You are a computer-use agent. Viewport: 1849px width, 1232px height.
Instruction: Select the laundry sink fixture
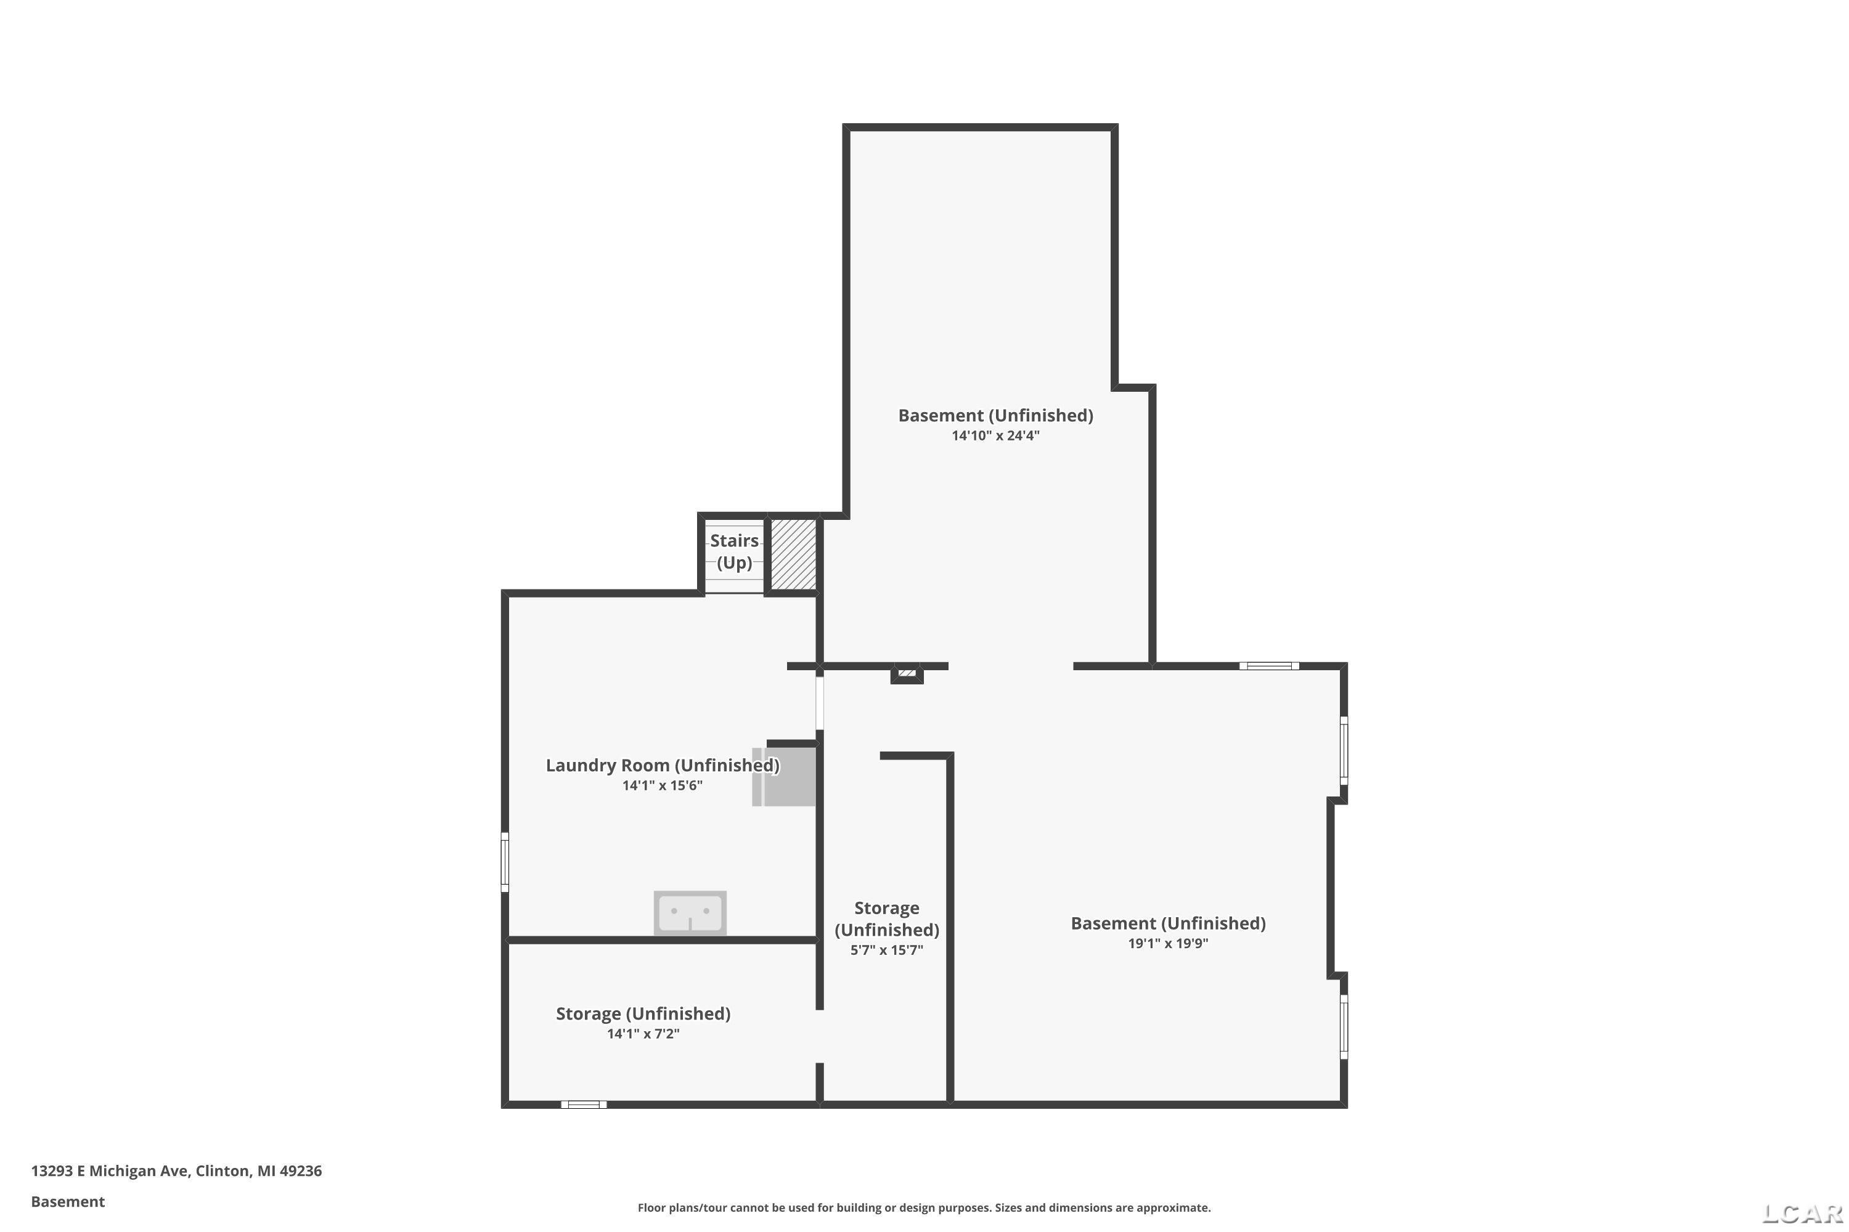(690, 913)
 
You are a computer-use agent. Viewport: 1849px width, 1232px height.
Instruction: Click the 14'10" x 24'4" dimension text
(995, 436)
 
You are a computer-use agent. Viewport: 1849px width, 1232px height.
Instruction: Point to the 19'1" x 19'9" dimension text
(1167, 944)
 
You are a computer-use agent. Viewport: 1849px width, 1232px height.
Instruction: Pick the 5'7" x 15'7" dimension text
(886, 950)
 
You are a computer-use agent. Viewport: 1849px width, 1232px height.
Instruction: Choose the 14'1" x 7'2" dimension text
(642, 1034)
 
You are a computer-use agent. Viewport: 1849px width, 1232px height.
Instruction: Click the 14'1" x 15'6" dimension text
(662, 786)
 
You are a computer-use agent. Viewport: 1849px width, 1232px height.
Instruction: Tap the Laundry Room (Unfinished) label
(662, 765)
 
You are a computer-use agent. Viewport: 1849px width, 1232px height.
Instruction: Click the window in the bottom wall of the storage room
(583, 1104)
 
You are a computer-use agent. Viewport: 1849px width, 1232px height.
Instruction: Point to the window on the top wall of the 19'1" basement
(1269, 667)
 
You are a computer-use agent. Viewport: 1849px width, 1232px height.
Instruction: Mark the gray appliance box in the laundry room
(784, 776)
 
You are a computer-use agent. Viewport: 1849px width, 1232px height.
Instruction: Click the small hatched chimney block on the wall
(907, 673)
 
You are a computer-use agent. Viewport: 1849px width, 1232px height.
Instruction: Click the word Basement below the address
(68, 1201)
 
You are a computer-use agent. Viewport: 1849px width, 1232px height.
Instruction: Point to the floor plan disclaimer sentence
(924, 1207)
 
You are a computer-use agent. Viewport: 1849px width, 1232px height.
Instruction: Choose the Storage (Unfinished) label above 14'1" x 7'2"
(643, 1013)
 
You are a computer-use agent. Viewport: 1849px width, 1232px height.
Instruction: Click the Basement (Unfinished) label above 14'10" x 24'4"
(995, 416)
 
